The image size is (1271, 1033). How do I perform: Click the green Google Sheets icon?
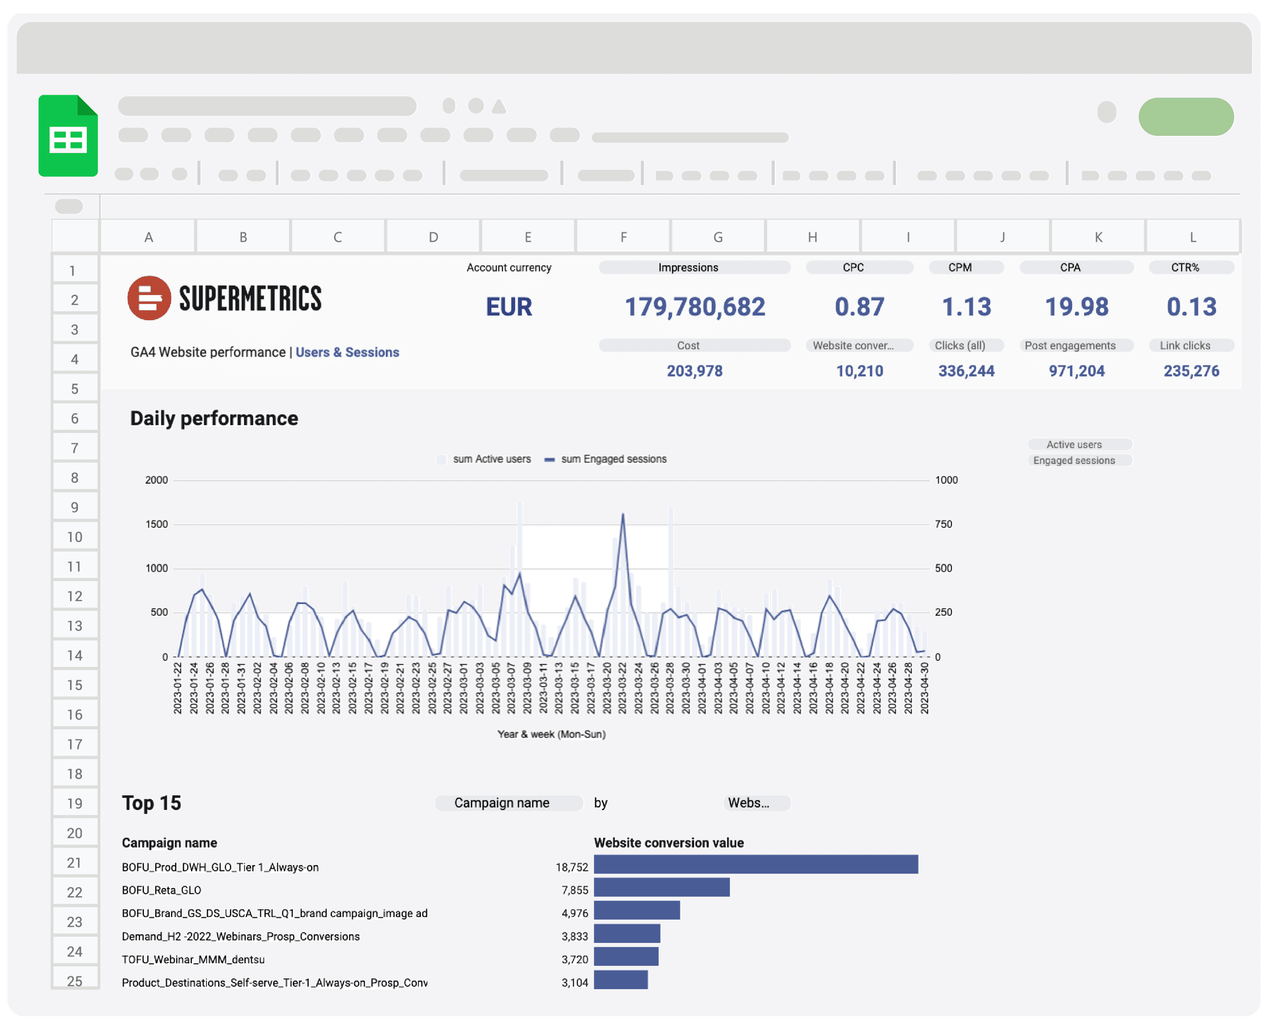[68, 136]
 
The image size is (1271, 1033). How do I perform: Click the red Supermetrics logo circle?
[149, 298]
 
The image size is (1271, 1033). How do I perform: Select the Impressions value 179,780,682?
[694, 307]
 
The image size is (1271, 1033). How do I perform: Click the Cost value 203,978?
[694, 371]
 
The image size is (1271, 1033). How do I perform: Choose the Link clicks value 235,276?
[1191, 371]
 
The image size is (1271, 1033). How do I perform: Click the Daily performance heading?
[214, 418]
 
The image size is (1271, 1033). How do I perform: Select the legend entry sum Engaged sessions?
[613, 459]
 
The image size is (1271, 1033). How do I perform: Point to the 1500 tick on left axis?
[156, 524]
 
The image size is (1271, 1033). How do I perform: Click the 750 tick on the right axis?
[944, 524]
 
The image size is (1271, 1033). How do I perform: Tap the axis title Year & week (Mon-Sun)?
[551, 734]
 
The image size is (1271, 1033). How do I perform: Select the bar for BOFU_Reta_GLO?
[661, 887]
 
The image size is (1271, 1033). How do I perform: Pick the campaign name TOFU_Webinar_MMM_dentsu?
[193, 960]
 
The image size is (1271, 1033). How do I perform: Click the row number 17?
[74, 745]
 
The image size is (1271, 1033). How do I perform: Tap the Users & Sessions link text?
[347, 352]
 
